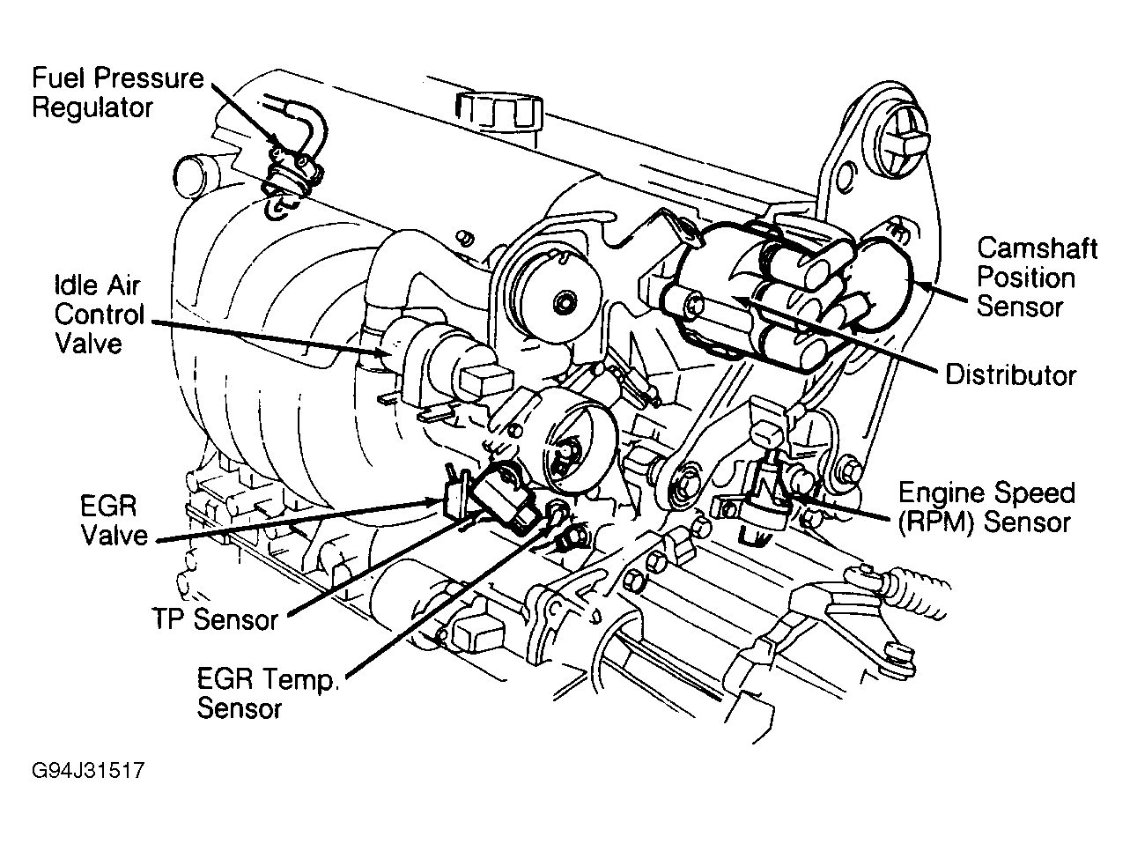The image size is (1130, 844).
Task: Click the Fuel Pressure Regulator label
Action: tap(117, 92)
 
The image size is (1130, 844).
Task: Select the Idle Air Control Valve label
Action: tap(99, 315)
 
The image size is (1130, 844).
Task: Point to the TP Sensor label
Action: tap(213, 618)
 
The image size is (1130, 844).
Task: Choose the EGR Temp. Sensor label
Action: tap(268, 693)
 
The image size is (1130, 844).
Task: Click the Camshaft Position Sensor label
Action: tap(1037, 278)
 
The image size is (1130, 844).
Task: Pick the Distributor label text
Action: tap(1010, 374)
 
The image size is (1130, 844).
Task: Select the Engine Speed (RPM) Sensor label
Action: tap(984, 507)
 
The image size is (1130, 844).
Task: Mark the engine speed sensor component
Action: tap(766, 493)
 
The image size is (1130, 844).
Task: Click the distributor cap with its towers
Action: tap(757, 291)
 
